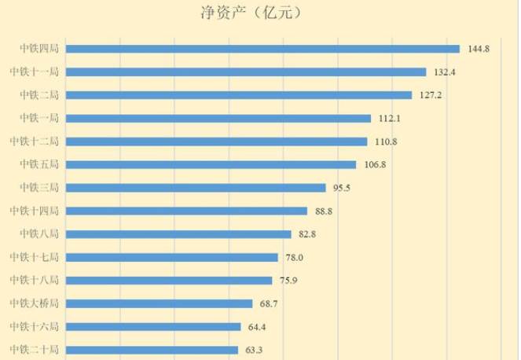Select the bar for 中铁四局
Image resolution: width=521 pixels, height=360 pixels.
262,49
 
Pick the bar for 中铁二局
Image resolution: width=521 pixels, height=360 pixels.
239,95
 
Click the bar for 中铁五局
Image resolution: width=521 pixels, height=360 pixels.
211,164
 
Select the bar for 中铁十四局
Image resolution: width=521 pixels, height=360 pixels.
186,211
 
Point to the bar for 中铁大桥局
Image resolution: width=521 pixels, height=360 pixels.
159,303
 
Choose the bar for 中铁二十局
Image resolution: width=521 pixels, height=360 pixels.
152,350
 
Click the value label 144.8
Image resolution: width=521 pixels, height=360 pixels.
478,49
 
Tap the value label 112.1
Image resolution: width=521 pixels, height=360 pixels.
389,119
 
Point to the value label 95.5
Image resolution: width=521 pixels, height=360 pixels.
341,188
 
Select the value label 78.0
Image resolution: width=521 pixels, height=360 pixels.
294,257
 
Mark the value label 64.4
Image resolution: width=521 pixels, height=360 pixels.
257,326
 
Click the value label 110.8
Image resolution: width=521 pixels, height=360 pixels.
385,141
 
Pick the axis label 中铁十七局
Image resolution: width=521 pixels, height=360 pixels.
34,257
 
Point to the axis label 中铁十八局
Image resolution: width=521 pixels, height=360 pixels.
34,280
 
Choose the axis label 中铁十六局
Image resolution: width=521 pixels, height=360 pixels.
34,326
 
